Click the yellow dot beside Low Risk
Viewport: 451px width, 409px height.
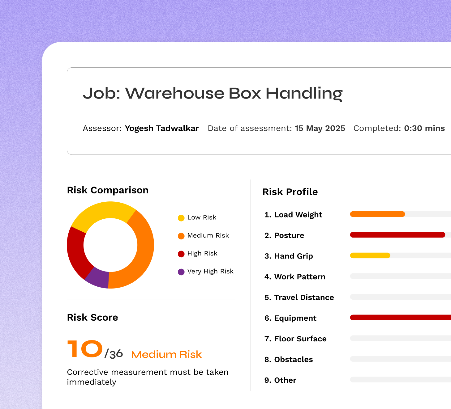181,218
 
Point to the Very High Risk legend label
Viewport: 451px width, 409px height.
210,271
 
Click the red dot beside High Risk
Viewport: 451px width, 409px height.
181,254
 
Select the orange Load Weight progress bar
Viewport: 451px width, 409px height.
377,214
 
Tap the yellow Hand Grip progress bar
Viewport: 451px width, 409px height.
370,255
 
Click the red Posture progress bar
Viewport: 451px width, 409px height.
397,235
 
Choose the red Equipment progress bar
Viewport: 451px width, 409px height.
400,317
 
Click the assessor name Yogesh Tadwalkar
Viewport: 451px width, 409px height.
162,128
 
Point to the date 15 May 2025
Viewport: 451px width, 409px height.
320,128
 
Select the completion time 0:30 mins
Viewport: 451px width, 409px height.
424,128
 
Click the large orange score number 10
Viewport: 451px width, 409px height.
85,348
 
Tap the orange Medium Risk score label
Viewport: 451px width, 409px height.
166,354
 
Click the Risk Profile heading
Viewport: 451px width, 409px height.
290,192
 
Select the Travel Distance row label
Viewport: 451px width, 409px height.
299,297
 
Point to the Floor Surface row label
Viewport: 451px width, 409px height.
295,339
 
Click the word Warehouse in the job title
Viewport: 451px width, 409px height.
175,93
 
